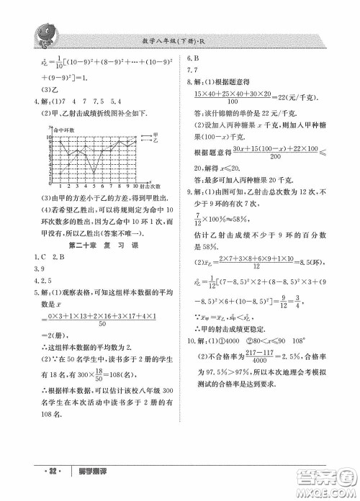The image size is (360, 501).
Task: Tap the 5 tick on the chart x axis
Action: click(x=94, y=185)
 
